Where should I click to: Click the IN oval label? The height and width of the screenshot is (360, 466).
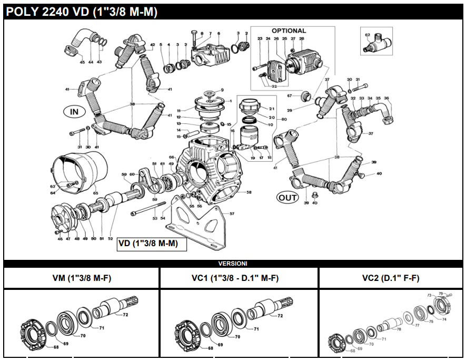74,112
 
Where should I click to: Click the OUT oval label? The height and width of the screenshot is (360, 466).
287,198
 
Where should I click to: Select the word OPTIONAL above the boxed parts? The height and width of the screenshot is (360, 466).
289,31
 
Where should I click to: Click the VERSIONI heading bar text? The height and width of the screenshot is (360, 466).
233,263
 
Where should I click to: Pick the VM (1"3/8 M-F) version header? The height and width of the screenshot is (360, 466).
82,278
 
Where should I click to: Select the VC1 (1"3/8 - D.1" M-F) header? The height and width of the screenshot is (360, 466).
239,278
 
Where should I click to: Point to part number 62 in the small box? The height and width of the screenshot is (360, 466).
368,35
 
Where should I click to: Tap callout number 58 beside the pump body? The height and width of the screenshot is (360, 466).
249,192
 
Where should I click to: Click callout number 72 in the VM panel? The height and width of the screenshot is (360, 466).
125,315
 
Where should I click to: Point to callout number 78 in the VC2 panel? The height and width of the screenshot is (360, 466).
399,329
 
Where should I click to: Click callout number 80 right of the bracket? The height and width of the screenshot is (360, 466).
284,120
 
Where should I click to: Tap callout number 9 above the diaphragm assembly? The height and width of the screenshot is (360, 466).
222,90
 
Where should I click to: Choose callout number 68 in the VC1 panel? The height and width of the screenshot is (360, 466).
211,348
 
